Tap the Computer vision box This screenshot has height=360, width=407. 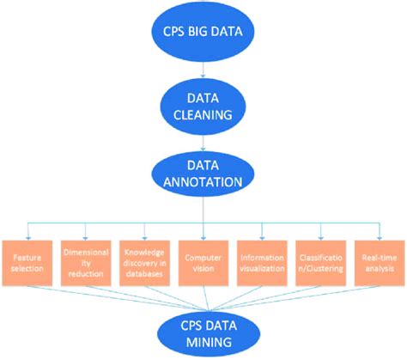[x=203, y=257]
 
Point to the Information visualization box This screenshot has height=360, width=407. [x=261, y=257]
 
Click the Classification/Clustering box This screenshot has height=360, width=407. [x=320, y=257]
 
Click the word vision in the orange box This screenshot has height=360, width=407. [x=204, y=263]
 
